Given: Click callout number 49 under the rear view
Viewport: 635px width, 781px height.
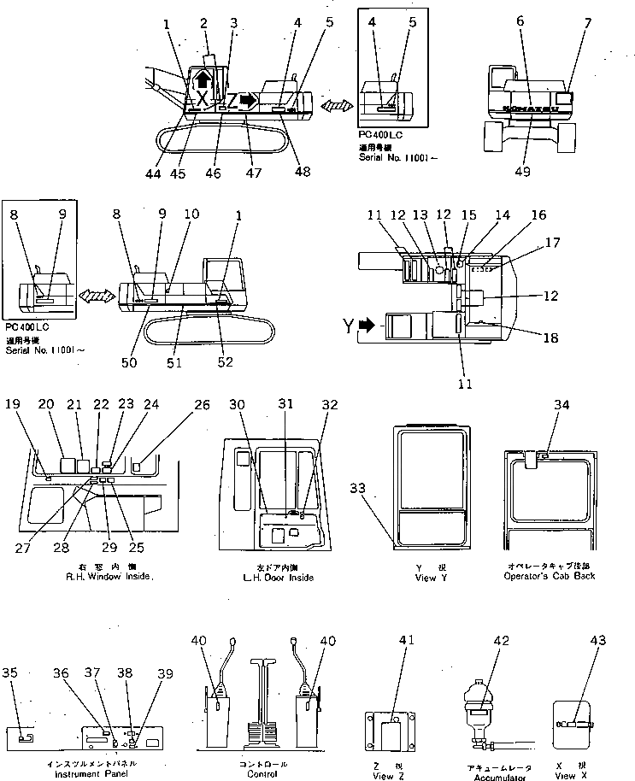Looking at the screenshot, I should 522,171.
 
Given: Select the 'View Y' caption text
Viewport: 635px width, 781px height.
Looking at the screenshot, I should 424,578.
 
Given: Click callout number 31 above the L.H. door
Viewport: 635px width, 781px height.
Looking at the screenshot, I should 285,404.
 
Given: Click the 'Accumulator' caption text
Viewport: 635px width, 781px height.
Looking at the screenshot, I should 479,778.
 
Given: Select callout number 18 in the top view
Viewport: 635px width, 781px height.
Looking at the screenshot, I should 550,338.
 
